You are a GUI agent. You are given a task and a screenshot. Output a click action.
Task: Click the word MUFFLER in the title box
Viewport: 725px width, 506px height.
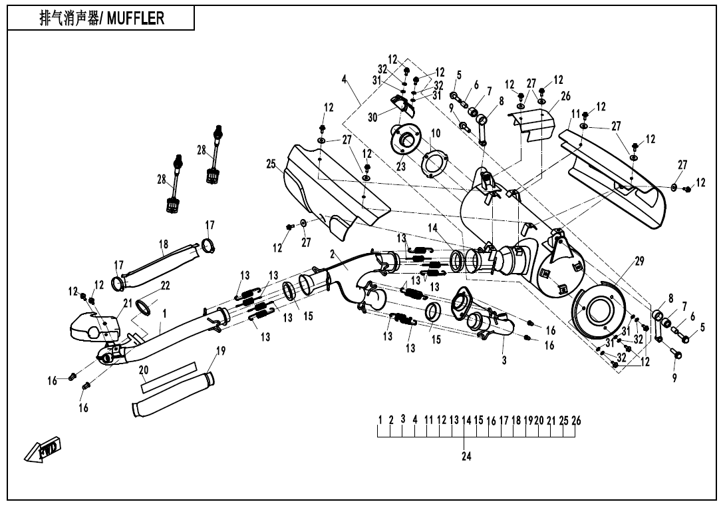coord(136,19)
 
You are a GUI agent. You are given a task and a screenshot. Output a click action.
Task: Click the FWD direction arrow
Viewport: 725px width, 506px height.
coord(44,451)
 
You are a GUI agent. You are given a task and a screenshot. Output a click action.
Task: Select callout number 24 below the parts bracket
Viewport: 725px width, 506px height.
coord(466,457)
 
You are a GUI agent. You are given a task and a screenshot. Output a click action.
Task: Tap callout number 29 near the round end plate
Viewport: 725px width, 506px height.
coord(639,262)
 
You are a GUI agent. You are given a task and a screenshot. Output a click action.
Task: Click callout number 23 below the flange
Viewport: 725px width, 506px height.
coord(400,167)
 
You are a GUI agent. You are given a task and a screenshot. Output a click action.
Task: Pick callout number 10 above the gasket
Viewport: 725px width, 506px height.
coord(435,133)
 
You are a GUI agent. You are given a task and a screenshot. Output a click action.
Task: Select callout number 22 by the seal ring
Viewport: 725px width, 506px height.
coord(166,286)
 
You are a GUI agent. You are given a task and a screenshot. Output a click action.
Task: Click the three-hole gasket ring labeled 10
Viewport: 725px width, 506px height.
coord(436,162)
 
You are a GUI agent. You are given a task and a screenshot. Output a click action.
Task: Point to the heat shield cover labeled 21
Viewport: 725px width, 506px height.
coord(93,325)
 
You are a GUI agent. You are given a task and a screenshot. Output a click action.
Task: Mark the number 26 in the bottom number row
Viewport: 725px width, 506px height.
coord(576,420)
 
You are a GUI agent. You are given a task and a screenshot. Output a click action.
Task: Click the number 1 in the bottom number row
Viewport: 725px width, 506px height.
coord(380,420)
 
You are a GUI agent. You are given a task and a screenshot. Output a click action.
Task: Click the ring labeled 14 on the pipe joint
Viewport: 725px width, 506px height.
coord(457,260)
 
